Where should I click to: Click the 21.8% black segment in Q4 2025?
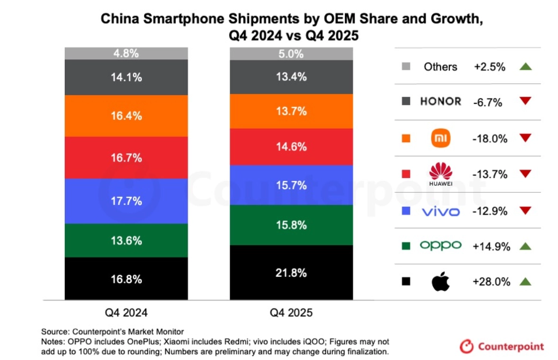[291, 272]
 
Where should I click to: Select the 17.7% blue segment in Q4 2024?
[126, 201]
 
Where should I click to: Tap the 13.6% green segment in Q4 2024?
[126, 241]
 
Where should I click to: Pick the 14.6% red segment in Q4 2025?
[291, 146]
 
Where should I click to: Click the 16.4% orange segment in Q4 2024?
[126, 116]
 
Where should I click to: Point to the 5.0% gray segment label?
[291, 54]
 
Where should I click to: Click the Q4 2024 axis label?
[126, 313]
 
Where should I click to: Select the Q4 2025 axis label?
[291, 313]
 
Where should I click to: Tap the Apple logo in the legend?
[441, 281]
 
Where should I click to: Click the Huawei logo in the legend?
[441, 174]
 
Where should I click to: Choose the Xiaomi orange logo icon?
[441, 138]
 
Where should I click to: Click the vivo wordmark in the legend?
[441, 212]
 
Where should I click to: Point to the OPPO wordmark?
[441, 245]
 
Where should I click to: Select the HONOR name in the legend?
[441, 101]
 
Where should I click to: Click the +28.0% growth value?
[492, 282]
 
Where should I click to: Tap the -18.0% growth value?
[490, 138]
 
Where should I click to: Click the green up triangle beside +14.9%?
[525, 246]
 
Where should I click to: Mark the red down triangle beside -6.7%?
[525, 101]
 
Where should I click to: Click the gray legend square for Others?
[406, 66]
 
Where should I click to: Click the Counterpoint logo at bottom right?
[502, 346]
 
